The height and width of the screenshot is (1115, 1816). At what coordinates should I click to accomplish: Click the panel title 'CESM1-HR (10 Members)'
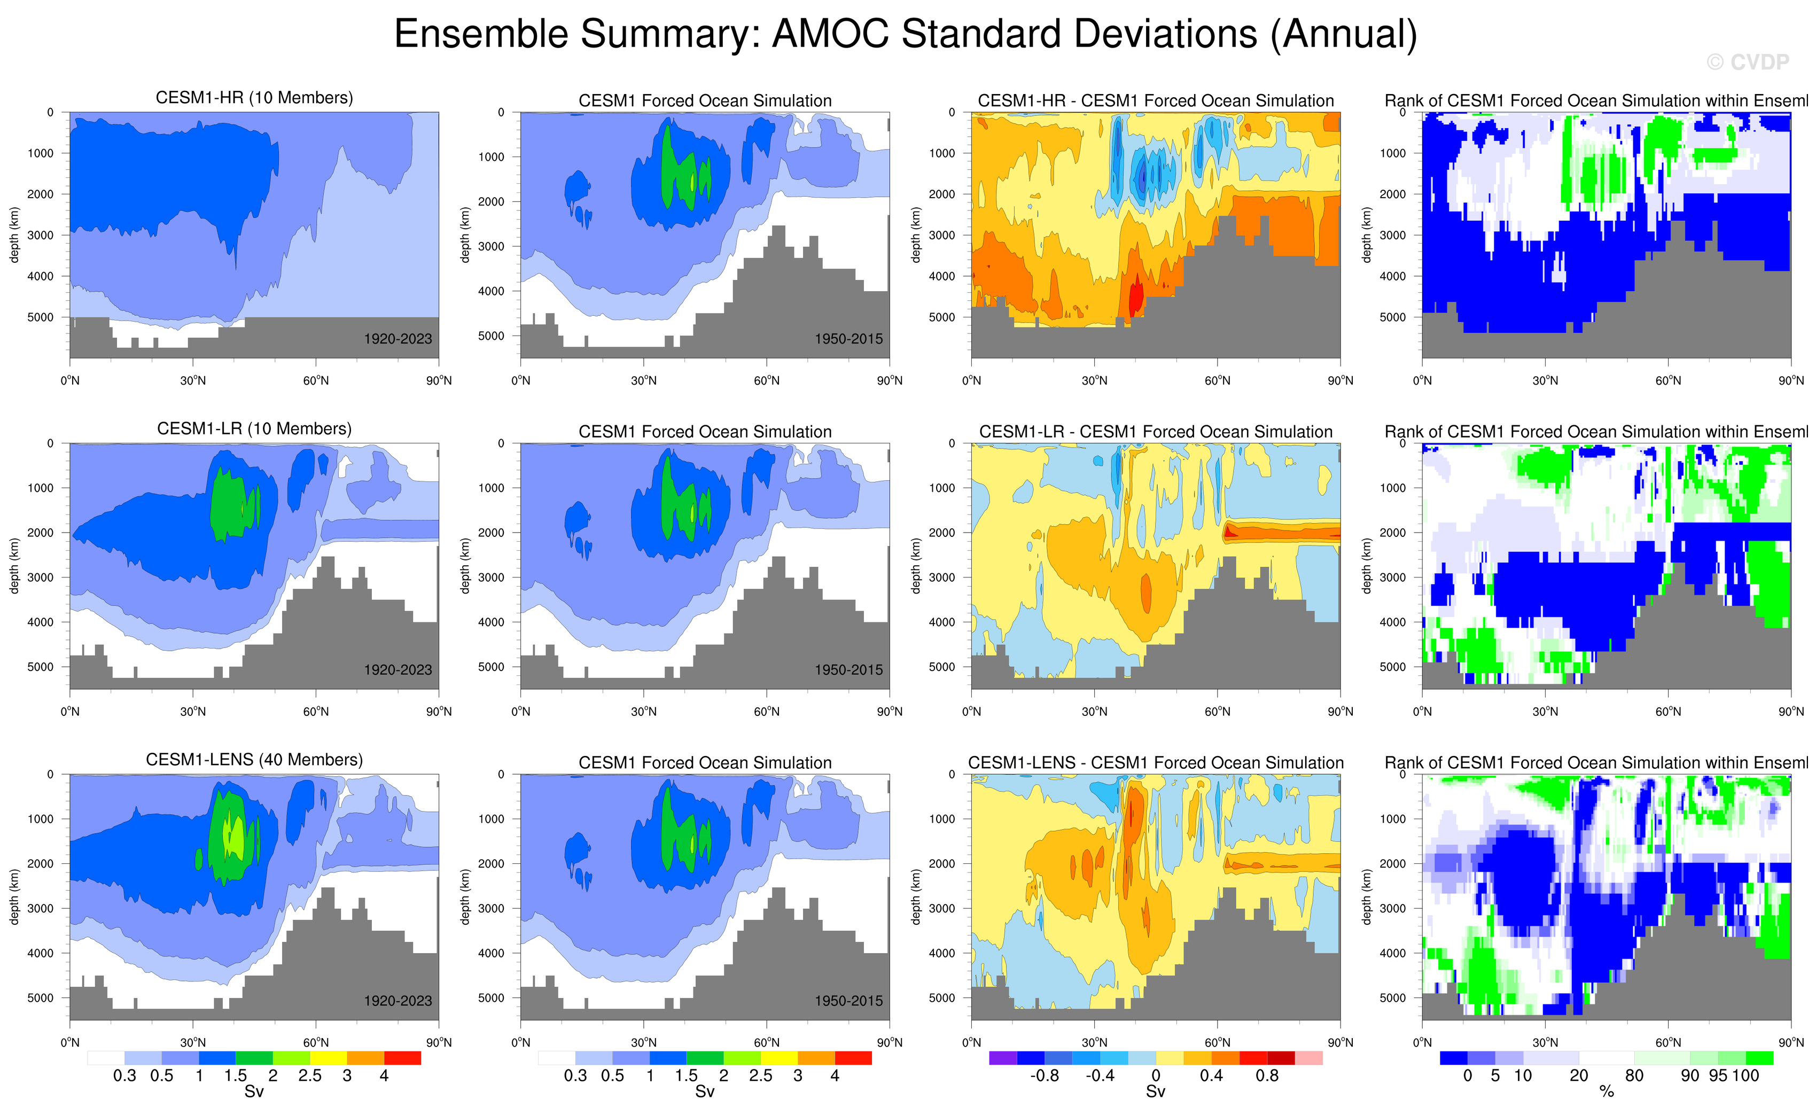pyautogui.click(x=254, y=98)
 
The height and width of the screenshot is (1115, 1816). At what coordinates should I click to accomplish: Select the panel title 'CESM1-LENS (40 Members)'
pyautogui.click(x=254, y=760)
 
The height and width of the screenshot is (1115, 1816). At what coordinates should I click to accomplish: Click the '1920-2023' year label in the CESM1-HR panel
pyautogui.click(x=398, y=339)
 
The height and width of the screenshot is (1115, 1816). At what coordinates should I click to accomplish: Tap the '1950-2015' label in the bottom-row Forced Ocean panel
pyautogui.click(x=848, y=1001)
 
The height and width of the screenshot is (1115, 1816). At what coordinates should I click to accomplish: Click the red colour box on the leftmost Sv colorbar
pyautogui.click(x=402, y=1058)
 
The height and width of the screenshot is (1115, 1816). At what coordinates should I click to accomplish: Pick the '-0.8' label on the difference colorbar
pyautogui.click(x=1044, y=1076)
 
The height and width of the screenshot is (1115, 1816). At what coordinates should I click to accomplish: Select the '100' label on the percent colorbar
pyautogui.click(x=1745, y=1076)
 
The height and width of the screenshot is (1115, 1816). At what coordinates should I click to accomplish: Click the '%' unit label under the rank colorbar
pyautogui.click(x=1607, y=1092)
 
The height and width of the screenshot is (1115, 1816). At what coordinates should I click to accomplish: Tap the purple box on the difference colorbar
pyautogui.click(x=1003, y=1058)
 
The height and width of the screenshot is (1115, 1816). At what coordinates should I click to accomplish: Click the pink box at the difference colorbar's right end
pyautogui.click(x=1309, y=1058)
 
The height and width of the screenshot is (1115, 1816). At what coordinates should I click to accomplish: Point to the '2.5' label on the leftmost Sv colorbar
pyautogui.click(x=310, y=1076)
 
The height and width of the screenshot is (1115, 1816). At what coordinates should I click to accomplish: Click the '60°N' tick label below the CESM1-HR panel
pyautogui.click(x=316, y=380)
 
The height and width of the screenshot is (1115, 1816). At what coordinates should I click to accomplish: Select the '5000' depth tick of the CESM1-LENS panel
pyautogui.click(x=41, y=998)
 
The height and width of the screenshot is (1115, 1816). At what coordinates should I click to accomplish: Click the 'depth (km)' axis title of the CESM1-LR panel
pyautogui.click(x=14, y=566)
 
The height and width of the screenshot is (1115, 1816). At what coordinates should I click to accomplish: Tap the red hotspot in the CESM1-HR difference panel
pyautogui.click(x=1136, y=295)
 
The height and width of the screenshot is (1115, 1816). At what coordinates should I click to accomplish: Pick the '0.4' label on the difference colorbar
pyautogui.click(x=1211, y=1076)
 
